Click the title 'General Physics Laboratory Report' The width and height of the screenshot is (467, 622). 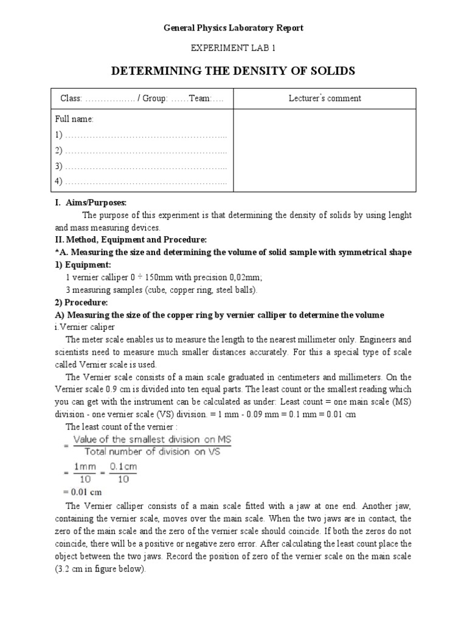(x=233, y=28)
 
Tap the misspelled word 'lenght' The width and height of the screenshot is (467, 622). (x=398, y=216)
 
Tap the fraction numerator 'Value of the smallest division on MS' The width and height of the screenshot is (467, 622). (x=155, y=439)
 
